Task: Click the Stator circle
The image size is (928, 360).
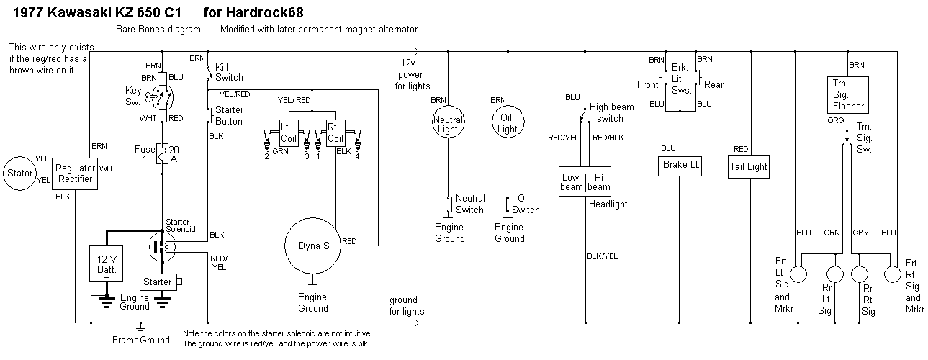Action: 20,172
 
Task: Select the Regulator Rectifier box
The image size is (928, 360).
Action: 75,173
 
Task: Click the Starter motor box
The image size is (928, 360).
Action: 157,281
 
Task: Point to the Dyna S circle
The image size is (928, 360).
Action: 313,246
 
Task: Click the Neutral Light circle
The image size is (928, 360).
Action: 448,124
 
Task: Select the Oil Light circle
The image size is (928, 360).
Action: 508,124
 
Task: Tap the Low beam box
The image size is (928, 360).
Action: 573,181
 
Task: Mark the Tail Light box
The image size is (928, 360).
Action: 748,166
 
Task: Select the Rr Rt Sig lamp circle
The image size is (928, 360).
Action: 860,275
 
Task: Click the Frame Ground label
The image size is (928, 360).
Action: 141,340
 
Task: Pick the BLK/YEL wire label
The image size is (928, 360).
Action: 602,256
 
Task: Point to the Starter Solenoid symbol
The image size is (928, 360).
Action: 163,246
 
